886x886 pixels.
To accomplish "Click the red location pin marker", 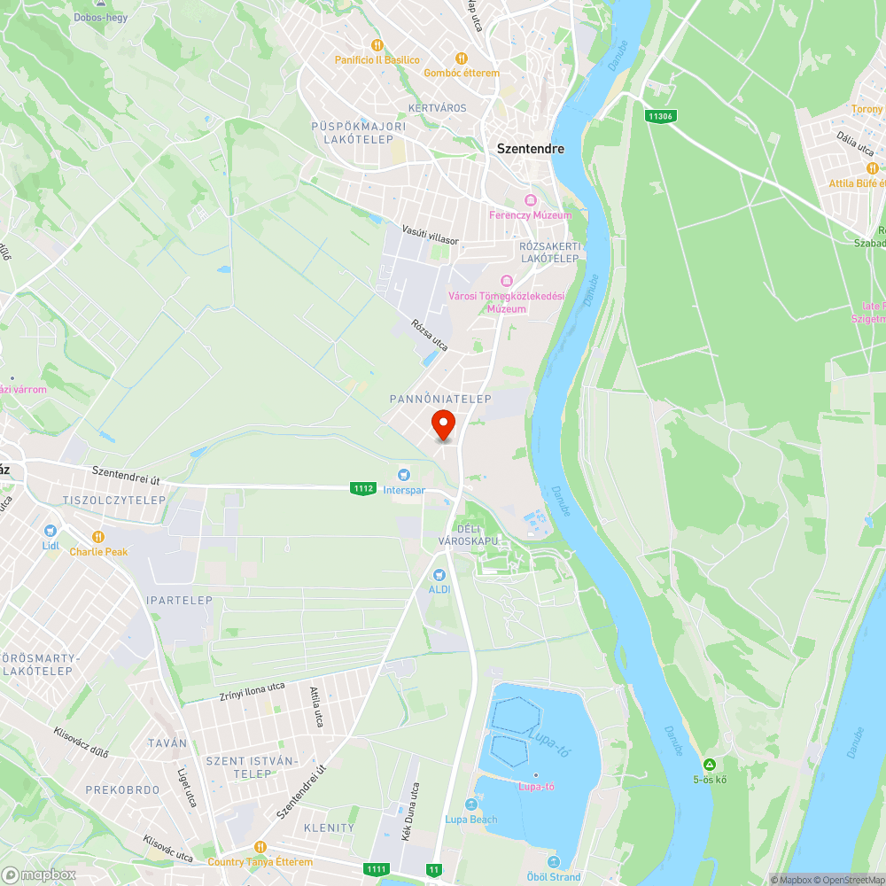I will (x=442, y=424).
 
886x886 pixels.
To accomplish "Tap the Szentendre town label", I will (x=530, y=149).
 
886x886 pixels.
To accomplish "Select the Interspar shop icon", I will (x=405, y=476).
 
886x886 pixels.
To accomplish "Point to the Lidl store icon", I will (x=51, y=531).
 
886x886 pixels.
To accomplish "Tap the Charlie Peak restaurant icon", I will (x=98, y=537).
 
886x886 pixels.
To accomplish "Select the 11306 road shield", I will (x=659, y=116).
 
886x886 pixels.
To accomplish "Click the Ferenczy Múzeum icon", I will (x=531, y=201).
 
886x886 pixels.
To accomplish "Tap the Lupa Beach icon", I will (x=471, y=805).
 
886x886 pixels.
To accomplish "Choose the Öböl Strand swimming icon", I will (x=554, y=862).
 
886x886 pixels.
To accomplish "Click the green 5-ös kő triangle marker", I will (x=710, y=765).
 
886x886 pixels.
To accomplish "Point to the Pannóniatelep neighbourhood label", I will (x=440, y=400).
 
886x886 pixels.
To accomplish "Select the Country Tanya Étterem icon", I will (x=260, y=847).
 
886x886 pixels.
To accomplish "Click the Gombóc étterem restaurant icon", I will (x=461, y=58).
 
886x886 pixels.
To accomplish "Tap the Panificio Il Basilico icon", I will (x=377, y=45).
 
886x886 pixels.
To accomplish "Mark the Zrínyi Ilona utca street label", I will (x=252, y=691).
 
